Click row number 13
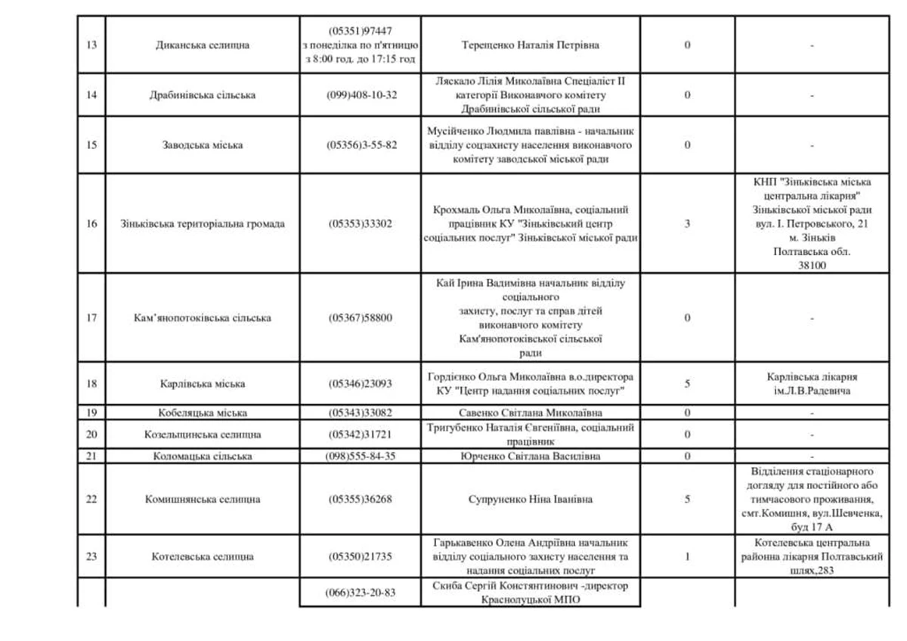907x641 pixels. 91,45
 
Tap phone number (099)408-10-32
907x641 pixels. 361,95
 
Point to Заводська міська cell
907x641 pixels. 202,145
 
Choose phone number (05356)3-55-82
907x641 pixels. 361,145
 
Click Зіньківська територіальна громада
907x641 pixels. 202,224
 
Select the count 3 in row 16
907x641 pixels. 687,224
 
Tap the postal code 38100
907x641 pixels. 811,266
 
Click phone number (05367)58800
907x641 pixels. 361,317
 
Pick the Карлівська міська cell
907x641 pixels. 202,384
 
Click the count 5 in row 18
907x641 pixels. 687,384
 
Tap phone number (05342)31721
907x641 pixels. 361,435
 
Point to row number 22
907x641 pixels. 91,500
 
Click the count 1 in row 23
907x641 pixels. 687,557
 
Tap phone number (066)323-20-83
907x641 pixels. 361,593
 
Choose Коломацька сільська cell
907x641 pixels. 202,457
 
